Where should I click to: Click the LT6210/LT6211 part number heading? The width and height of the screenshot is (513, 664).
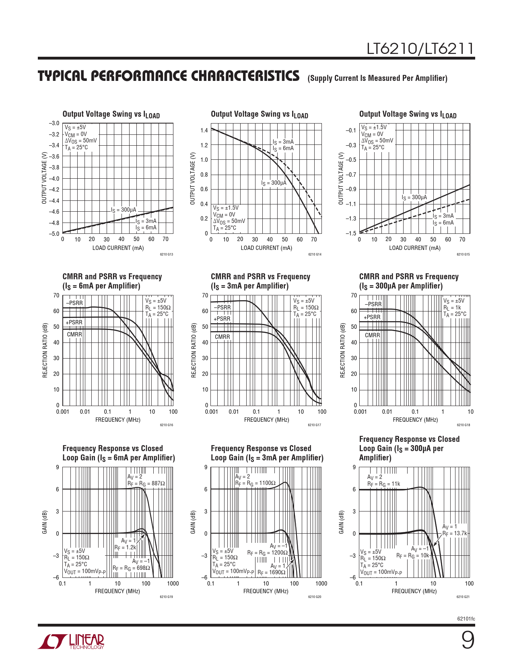coord(420,49)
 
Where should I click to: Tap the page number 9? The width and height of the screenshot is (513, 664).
coord(467,640)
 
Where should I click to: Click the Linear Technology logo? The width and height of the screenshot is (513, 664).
coord(71,641)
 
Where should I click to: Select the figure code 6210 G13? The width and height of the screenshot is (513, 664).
coord(166,254)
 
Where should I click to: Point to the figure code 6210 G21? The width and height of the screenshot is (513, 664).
coord(463,597)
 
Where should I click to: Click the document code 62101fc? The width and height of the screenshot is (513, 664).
coord(466,619)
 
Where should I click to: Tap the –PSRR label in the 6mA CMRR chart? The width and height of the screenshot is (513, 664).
coord(74,303)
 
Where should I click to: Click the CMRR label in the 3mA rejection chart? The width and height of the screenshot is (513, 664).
coord(222,337)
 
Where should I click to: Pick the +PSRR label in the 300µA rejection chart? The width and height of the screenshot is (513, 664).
coord(372,317)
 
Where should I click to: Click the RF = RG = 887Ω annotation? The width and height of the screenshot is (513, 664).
coord(146,483)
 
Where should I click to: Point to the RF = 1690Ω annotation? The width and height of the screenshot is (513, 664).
coord(271,572)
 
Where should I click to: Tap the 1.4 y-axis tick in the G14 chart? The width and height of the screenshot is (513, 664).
coord(204,130)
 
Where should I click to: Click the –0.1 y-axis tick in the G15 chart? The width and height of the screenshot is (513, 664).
coord(351,130)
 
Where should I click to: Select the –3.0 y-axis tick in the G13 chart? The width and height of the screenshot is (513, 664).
coord(54,123)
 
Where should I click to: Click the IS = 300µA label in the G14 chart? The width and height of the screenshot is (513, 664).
coord(274,183)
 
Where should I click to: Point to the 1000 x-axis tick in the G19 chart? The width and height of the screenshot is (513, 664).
coord(173,584)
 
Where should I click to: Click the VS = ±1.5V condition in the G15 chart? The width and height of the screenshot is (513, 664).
coord(374,127)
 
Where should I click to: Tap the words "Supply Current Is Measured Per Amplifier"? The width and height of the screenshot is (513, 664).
coord(377,78)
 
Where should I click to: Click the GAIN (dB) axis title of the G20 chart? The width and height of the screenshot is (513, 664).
coord(193,522)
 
